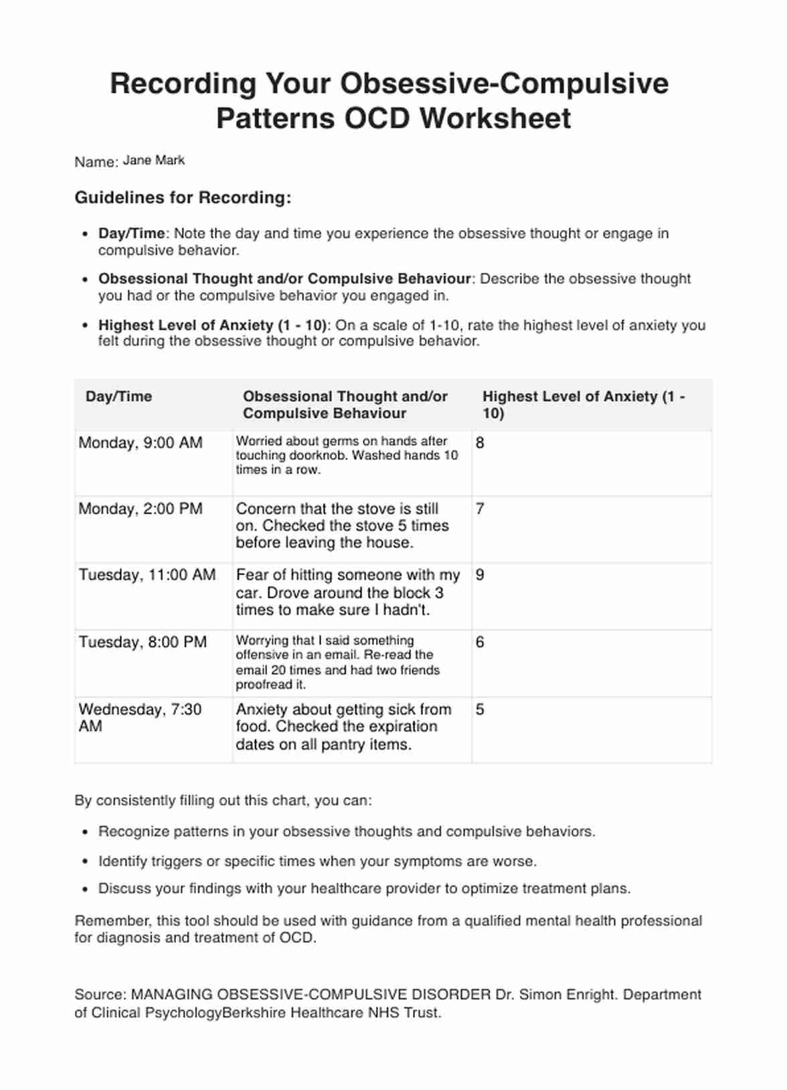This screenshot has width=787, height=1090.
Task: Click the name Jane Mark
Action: [x=153, y=160]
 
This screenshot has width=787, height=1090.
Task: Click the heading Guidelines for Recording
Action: [x=183, y=198]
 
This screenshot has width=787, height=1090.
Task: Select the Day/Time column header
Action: [x=118, y=397]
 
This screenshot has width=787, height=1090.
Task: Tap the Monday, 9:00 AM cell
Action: [x=141, y=443]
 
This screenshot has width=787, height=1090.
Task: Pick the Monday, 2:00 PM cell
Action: [x=141, y=509]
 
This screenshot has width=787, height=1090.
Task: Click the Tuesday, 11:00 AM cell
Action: [x=147, y=575]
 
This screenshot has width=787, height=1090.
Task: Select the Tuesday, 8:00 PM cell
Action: [x=143, y=642]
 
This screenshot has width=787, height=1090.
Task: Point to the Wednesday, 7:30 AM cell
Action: [x=140, y=718]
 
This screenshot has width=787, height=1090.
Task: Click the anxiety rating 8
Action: [x=479, y=443]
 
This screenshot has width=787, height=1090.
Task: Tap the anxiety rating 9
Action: [x=479, y=575]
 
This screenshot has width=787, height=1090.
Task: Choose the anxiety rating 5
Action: [x=479, y=710]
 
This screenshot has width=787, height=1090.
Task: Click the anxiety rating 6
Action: [x=479, y=642]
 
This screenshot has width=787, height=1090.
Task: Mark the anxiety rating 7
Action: [x=479, y=509]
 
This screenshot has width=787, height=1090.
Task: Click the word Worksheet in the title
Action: [x=495, y=118]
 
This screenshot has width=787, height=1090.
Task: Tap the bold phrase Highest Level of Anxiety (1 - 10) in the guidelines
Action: [x=213, y=326]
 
